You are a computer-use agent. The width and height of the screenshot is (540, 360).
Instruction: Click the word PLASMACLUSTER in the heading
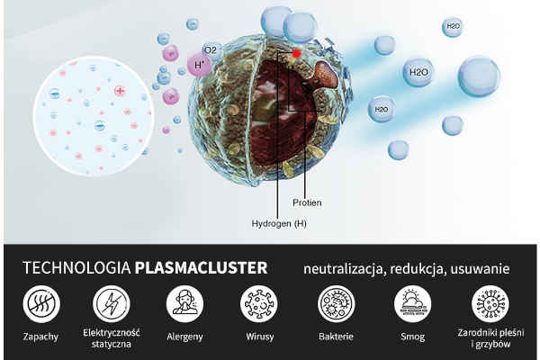click(201, 268)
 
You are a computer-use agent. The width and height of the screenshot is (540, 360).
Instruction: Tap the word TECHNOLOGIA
click(76, 268)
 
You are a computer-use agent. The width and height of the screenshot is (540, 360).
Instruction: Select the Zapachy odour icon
click(41, 304)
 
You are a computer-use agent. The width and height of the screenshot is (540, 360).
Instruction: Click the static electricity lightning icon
click(112, 304)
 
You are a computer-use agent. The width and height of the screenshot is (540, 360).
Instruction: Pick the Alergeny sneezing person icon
click(184, 304)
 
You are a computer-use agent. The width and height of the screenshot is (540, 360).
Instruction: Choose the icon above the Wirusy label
click(259, 304)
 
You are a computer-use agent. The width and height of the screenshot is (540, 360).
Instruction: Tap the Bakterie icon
click(336, 304)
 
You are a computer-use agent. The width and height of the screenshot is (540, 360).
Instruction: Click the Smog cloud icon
click(412, 304)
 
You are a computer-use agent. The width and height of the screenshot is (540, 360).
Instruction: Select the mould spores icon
click(490, 304)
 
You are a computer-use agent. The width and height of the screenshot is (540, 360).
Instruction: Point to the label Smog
click(412, 337)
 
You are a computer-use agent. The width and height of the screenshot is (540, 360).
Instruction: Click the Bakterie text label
click(336, 337)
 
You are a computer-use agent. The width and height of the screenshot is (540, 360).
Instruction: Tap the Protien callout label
click(307, 202)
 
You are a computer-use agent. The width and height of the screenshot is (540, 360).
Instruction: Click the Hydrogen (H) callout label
click(279, 223)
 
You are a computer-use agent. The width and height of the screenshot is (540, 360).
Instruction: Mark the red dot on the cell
click(296, 54)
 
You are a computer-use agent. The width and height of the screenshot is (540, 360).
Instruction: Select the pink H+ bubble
click(200, 65)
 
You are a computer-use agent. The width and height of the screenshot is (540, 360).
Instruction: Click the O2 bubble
click(211, 51)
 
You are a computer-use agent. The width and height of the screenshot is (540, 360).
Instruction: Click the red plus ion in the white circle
click(120, 91)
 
